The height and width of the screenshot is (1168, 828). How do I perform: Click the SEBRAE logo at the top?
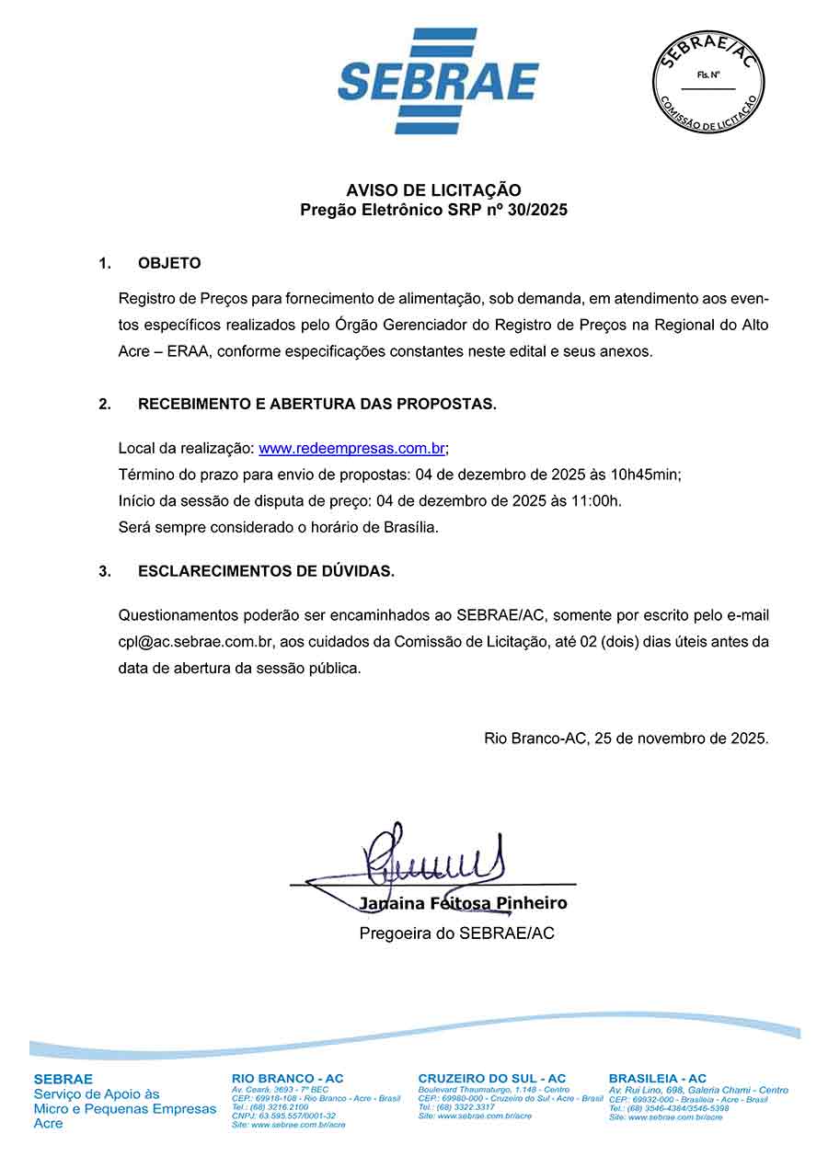click(438, 81)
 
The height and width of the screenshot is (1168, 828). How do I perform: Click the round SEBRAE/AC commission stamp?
click(708, 81)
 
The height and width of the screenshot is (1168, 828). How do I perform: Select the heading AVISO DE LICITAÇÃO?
click(433, 190)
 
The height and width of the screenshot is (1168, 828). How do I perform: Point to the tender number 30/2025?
click(536, 210)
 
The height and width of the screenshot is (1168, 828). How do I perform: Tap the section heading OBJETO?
click(169, 264)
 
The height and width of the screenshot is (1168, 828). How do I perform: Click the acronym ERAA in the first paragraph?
click(182, 352)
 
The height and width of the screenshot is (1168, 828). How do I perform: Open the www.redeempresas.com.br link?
click(352, 449)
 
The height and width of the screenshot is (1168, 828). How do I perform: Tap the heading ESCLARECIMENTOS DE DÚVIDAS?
click(266, 571)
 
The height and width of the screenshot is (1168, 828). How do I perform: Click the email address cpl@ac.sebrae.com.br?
click(189, 642)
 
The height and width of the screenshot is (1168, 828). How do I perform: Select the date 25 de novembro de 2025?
click(681, 739)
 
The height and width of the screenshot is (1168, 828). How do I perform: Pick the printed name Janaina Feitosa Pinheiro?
click(463, 903)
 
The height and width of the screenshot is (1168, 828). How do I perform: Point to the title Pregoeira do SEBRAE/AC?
click(456, 933)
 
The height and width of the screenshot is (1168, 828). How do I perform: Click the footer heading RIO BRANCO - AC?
click(288, 1078)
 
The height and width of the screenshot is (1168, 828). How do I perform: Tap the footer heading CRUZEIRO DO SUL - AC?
click(492, 1078)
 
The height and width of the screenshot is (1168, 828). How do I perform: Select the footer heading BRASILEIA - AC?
click(658, 1078)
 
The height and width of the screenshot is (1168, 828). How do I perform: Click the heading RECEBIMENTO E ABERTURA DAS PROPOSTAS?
click(317, 405)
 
